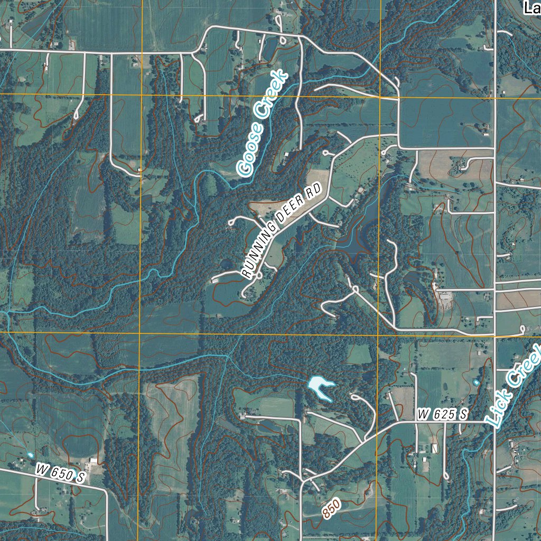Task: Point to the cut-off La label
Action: click(530, 7)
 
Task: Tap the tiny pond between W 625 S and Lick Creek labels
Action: click(477, 382)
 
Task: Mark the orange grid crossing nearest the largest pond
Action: click(378, 334)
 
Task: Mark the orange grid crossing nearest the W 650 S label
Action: click(140, 334)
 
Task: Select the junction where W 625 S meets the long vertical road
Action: click(495, 422)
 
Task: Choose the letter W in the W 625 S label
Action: click(423, 415)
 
